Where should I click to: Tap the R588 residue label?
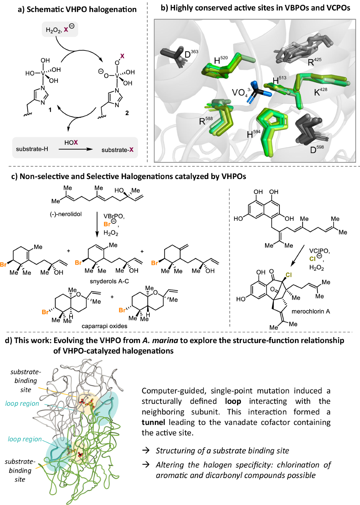click(x=206, y=121)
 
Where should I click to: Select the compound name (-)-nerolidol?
click(x=66, y=214)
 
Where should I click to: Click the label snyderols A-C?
click(x=109, y=281)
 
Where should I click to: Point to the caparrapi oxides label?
click(x=104, y=326)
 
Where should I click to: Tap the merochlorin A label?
click(x=310, y=311)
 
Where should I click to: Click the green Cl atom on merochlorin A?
click(x=289, y=275)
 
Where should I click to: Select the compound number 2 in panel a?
click(x=127, y=113)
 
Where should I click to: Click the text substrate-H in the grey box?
click(x=32, y=149)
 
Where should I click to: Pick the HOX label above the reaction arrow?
click(x=71, y=142)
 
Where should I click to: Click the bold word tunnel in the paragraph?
click(x=153, y=422)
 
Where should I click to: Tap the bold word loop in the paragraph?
click(x=233, y=401)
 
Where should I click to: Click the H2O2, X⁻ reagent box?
click(x=60, y=29)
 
